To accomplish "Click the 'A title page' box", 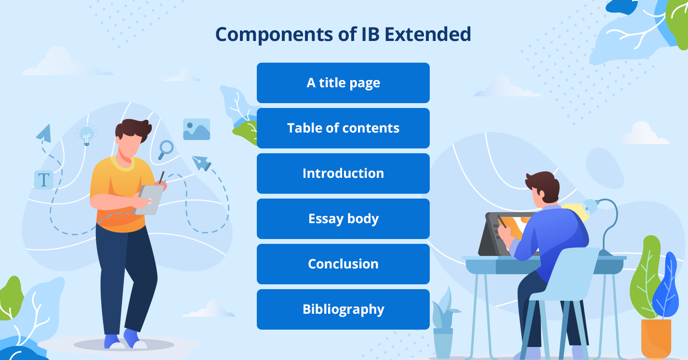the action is point(343,83).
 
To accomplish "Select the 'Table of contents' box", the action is point(343,128).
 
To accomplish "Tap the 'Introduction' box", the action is point(343,173).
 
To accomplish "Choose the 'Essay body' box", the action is point(343,219).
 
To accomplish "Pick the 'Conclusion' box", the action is point(343,264).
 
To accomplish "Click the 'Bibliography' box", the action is point(343,309).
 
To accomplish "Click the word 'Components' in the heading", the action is point(274,35).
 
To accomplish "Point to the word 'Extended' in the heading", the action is point(428,34).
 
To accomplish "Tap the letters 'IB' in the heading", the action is point(370,34).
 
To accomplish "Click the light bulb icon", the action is point(87,135).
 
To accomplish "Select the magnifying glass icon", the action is point(166,149).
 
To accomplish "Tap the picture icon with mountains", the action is point(197,129).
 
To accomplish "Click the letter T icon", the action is point(44,180).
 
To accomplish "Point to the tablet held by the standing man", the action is point(149,200).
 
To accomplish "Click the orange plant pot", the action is point(656,338).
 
